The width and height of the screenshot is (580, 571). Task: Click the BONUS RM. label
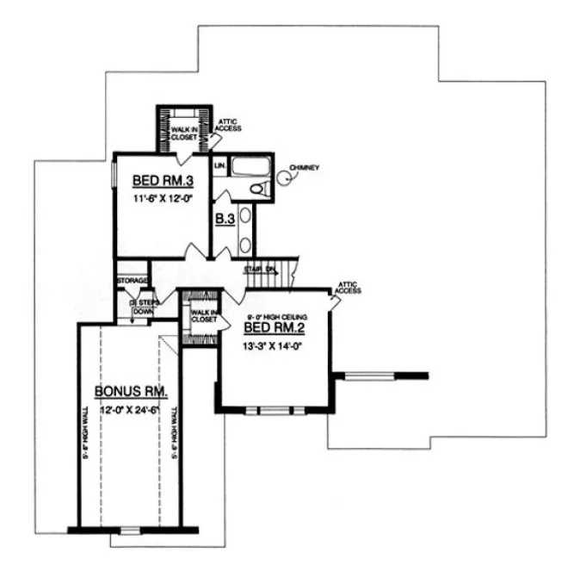pos(132,392)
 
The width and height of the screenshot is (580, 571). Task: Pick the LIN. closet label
pos(219,164)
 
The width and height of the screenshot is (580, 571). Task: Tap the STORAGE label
pos(133,281)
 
